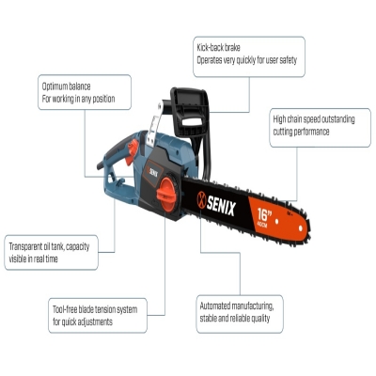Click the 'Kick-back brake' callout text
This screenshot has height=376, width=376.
click(x=218, y=48)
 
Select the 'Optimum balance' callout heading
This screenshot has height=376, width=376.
click(x=66, y=86)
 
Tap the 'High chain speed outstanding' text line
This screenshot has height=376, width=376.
click(x=314, y=119)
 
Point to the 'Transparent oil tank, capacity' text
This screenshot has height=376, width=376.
click(x=49, y=246)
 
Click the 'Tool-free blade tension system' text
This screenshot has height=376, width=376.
click(x=95, y=309)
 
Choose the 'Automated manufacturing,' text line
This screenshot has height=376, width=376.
click(x=237, y=305)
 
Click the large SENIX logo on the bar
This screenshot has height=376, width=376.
click(x=216, y=204)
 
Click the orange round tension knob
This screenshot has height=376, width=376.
click(x=166, y=195)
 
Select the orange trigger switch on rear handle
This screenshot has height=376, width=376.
click(x=132, y=151)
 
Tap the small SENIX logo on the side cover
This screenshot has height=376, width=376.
click(x=152, y=172)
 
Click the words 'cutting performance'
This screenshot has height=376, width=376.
click(x=301, y=132)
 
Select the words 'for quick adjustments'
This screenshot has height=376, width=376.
click(x=83, y=322)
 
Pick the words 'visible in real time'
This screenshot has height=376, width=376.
click(x=33, y=259)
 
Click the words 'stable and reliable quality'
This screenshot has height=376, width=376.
click(x=235, y=319)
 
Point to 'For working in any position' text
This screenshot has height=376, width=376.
click(x=78, y=99)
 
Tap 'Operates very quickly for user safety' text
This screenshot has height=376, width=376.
click(x=246, y=60)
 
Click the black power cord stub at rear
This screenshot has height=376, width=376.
click(x=100, y=166)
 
